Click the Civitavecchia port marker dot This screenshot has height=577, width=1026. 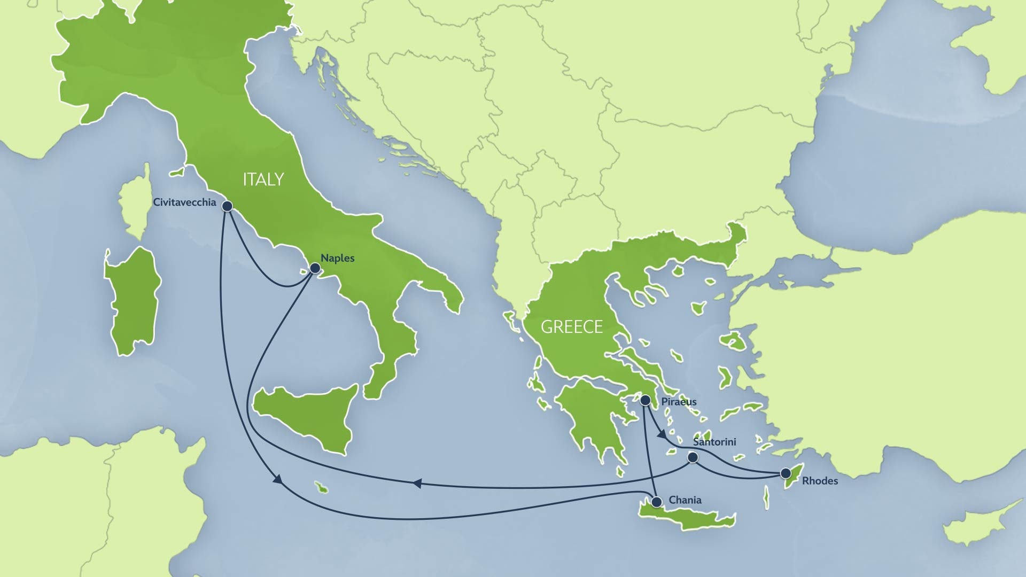tap(227, 206)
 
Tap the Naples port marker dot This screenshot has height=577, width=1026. tap(315, 268)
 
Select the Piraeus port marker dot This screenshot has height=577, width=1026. tap(646, 400)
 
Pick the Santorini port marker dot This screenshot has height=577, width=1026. tap(693, 458)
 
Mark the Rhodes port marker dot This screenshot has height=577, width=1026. tap(786, 473)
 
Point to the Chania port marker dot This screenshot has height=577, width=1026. tap(656, 502)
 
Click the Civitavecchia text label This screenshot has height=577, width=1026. tap(184, 202)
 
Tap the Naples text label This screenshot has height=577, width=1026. tap(337, 258)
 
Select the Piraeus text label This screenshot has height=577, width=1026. tap(679, 402)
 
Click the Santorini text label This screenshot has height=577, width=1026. tap(714, 442)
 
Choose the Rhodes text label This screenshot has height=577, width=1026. tap(820, 481)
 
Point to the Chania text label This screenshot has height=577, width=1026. tap(685, 500)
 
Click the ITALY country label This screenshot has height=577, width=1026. tap(263, 180)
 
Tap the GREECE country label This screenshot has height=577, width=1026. tap(572, 327)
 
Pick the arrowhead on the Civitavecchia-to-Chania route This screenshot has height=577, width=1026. tap(277, 480)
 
